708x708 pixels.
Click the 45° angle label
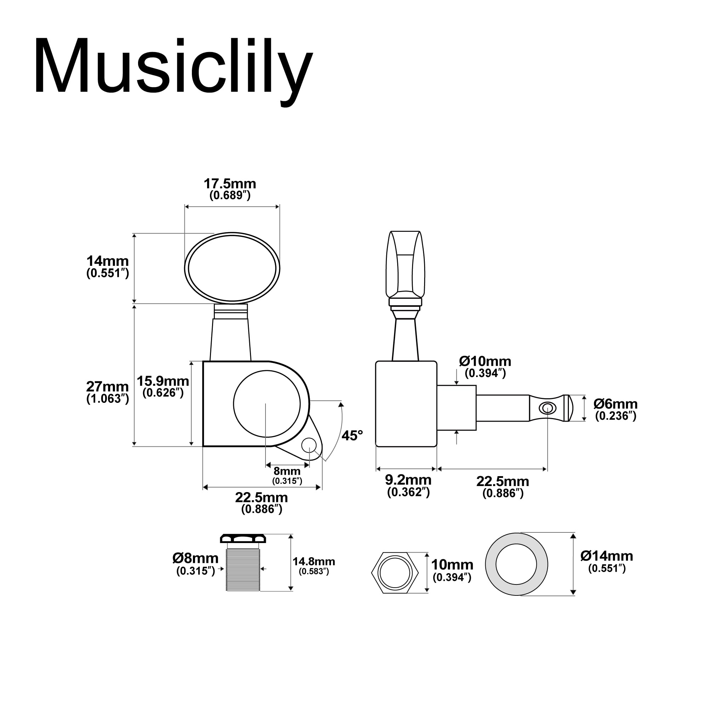tap(352, 436)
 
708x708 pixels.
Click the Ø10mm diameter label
tap(485, 362)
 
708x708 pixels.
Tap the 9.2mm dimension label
tap(408, 480)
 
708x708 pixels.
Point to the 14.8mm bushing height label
tap(314, 562)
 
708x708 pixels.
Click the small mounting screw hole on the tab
tap(309, 445)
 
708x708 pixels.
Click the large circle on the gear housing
tap(267, 404)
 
